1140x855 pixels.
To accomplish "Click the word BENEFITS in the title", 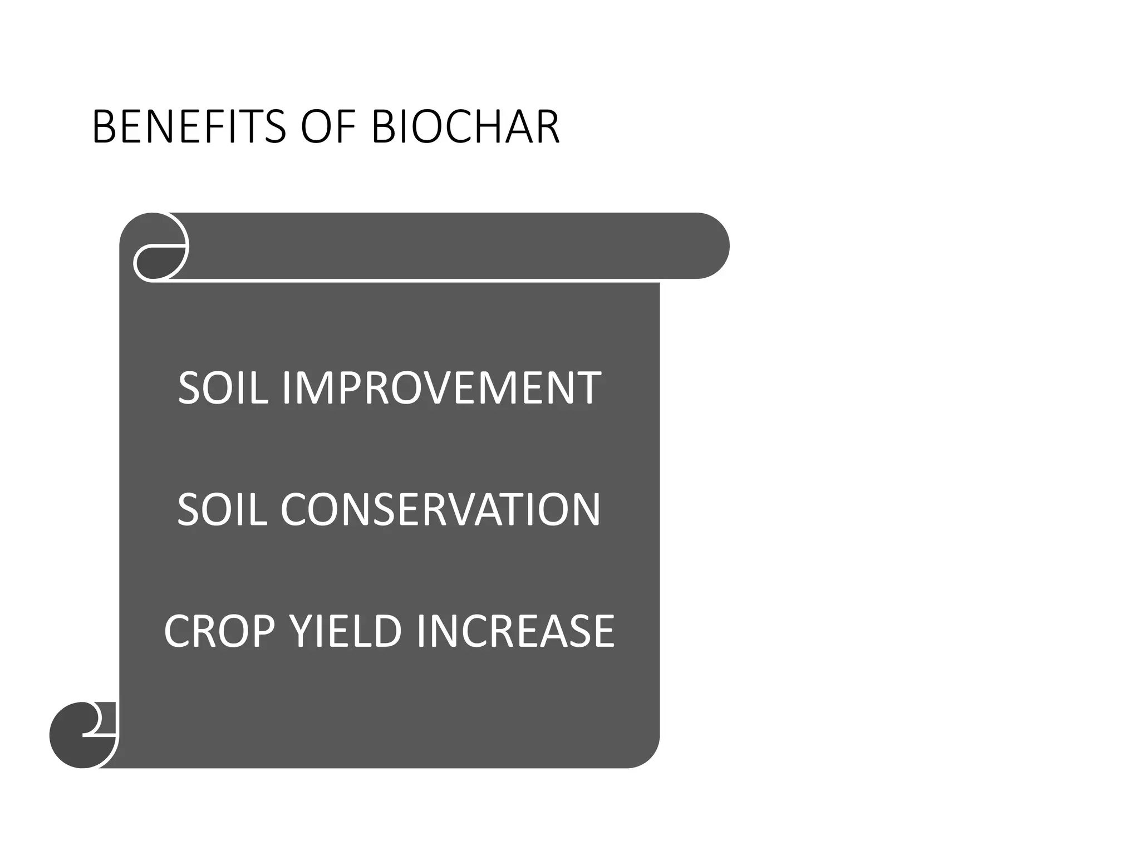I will tap(189, 127).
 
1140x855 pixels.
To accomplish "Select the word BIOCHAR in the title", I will tap(465, 127).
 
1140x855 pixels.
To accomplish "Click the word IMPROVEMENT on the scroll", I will tap(441, 387).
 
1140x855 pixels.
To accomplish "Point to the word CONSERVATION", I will tap(440, 509).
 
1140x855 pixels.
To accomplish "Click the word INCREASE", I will tap(515, 631).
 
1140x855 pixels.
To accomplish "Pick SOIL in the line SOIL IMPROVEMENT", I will tap(223, 387).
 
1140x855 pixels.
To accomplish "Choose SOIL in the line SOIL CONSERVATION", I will tap(222, 509).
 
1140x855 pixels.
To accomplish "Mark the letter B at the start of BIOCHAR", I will tap(382, 127).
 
